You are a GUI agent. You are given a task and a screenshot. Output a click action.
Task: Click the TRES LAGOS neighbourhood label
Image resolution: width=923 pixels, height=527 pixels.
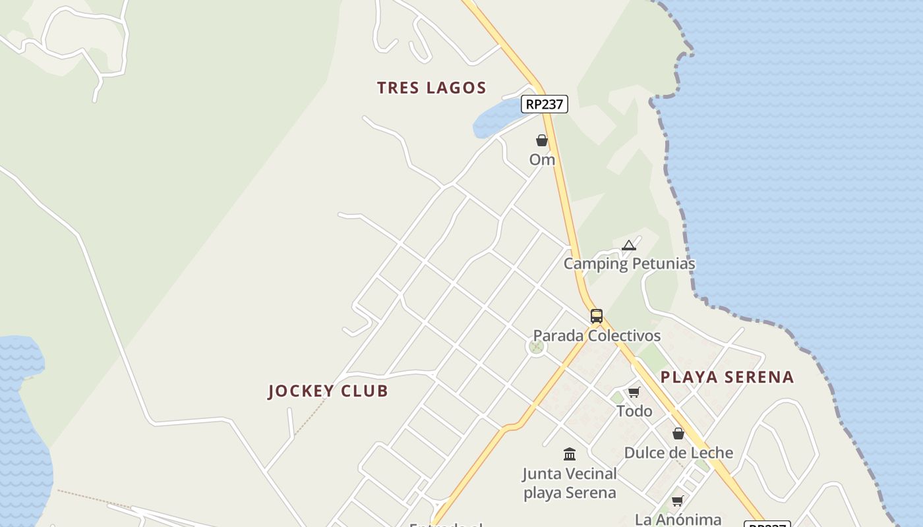point(432,88)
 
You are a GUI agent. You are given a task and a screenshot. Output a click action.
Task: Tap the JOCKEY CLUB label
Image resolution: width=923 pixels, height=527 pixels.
point(328,391)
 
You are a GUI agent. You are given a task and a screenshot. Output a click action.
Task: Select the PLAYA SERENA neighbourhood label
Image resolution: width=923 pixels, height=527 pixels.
point(727,377)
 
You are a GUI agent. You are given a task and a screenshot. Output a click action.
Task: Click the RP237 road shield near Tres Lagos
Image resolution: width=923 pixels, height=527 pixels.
point(545,104)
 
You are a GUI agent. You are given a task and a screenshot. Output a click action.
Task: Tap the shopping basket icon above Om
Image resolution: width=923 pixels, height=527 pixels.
point(542,140)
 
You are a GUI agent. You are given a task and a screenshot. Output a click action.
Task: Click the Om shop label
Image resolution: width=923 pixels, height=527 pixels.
point(542,159)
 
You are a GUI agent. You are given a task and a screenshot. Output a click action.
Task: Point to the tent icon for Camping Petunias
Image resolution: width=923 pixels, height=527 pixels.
point(629,246)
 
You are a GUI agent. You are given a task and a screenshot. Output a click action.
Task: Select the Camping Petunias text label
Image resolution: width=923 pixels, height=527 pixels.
point(629,264)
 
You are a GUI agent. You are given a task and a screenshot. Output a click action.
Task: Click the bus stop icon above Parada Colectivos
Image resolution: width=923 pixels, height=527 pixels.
point(597,316)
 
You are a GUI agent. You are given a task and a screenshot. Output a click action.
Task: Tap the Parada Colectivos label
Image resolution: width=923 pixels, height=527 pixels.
point(597,336)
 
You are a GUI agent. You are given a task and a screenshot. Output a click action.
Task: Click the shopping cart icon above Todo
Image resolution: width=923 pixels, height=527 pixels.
point(634,393)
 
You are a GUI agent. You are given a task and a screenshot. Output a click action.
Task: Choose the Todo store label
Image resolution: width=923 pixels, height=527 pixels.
point(634,412)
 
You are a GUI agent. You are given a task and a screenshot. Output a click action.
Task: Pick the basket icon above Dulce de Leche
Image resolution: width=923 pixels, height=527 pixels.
point(678,433)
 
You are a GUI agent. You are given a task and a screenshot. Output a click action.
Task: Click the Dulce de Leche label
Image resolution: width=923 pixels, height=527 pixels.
point(678,453)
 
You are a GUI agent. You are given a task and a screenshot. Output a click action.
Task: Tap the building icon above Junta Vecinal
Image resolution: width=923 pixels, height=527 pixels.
point(570,454)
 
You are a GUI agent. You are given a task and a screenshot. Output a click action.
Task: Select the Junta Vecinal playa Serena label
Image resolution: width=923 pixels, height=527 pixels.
point(570,483)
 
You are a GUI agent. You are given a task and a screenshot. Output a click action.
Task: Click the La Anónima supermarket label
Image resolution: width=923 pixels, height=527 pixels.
point(678,519)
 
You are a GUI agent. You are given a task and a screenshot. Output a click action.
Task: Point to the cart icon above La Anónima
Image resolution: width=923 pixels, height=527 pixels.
point(678,501)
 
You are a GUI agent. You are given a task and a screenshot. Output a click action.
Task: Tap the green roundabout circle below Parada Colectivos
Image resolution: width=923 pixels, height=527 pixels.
point(537,347)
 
